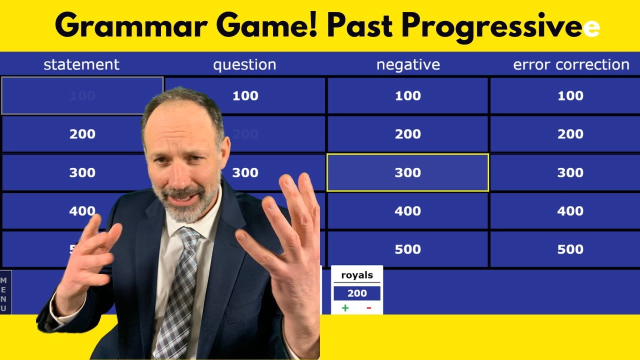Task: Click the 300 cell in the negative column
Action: (407, 172)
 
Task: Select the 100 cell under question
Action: (245, 95)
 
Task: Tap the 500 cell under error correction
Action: (570, 249)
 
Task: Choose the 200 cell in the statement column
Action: (82, 134)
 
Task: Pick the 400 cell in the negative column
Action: (407, 211)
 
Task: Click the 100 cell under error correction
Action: (570, 95)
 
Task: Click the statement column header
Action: (81, 64)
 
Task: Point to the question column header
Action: (244, 64)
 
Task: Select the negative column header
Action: (408, 64)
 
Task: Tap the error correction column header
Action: (571, 64)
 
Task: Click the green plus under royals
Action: (345, 308)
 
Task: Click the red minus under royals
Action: (369, 308)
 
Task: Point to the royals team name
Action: (357, 275)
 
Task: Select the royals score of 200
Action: (357, 293)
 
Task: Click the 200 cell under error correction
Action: (570, 134)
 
